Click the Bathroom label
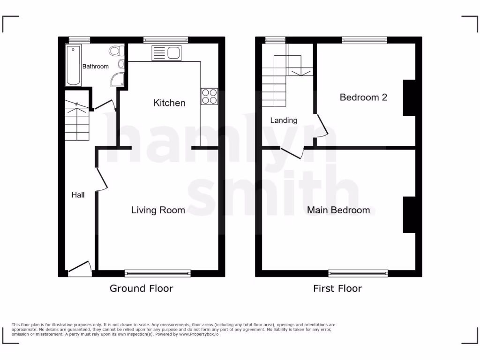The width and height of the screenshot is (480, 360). click(x=96, y=67)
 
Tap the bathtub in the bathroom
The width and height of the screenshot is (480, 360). click(x=73, y=65)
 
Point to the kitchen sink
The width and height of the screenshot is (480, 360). click(x=166, y=53)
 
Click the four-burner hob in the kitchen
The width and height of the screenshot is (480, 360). click(x=209, y=96)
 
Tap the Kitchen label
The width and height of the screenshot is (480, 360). click(x=169, y=103)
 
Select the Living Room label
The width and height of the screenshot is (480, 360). click(x=158, y=210)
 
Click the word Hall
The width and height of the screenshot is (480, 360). click(x=78, y=195)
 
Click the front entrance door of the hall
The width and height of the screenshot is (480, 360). click(x=79, y=267)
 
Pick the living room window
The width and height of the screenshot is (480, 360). click(x=158, y=273)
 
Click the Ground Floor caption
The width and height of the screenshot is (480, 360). click(x=141, y=288)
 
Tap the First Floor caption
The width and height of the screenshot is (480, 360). click(x=337, y=288)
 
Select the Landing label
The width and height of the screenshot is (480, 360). click(x=284, y=120)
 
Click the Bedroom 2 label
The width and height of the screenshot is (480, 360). click(x=363, y=97)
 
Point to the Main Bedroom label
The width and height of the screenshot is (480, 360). click(x=338, y=210)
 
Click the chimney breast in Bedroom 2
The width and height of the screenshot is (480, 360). click(x=409, y=97)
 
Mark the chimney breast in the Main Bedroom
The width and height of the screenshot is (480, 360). click(x=409, y=215)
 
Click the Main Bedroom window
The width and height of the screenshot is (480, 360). click(x=358, y=273)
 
